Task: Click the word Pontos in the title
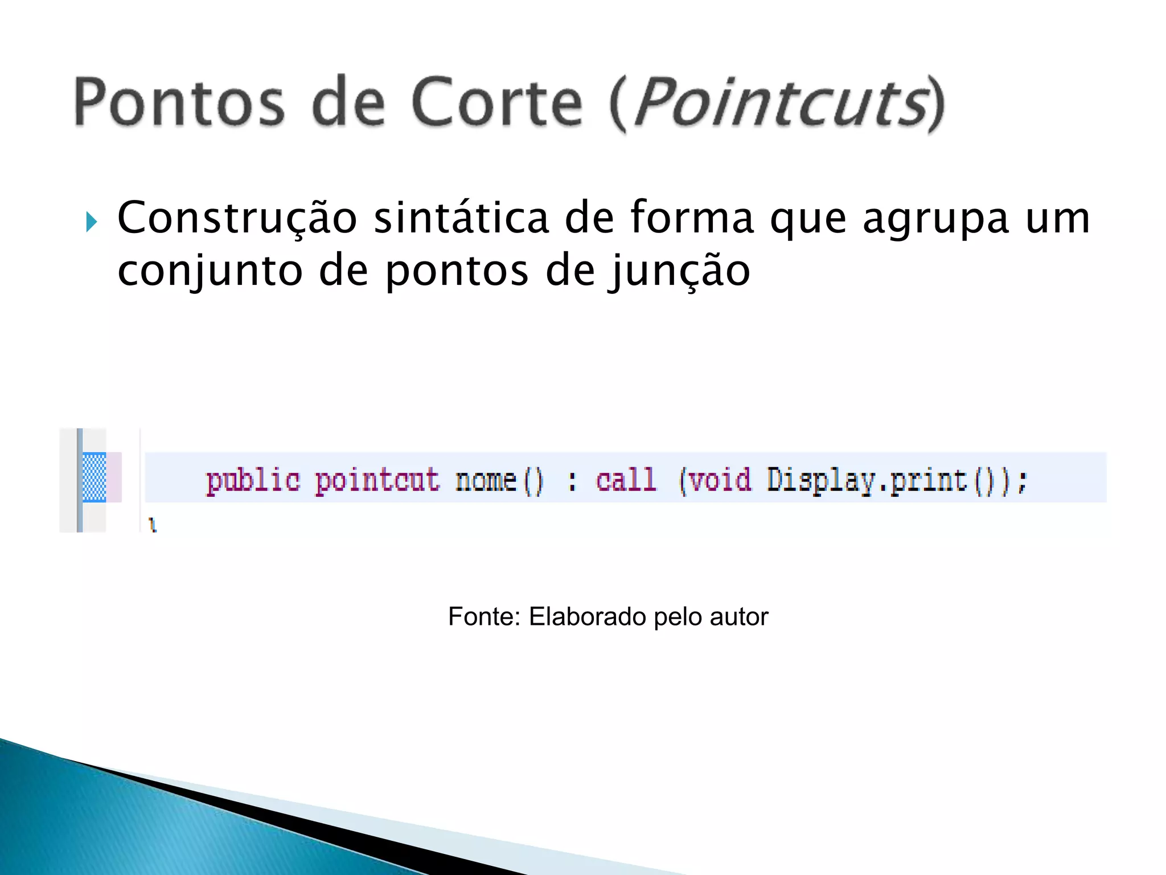pyautogui.click(x=179, y=103)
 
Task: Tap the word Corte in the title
pyautogui.click(x=497, y=103)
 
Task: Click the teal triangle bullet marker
pyautogui.click(x=91, y=222)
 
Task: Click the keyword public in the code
pyautogui.click(x=253, y=480)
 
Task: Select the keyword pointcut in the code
pyautogui.click(x=377, y=480)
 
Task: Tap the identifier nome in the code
pyautogui.click(x=486, y=480)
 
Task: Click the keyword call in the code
pyautogui.click(x=626, y=480)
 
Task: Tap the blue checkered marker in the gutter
pyautogui.click(x=95, y=477)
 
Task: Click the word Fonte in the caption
pyautogui.click(x=484, y=616)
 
